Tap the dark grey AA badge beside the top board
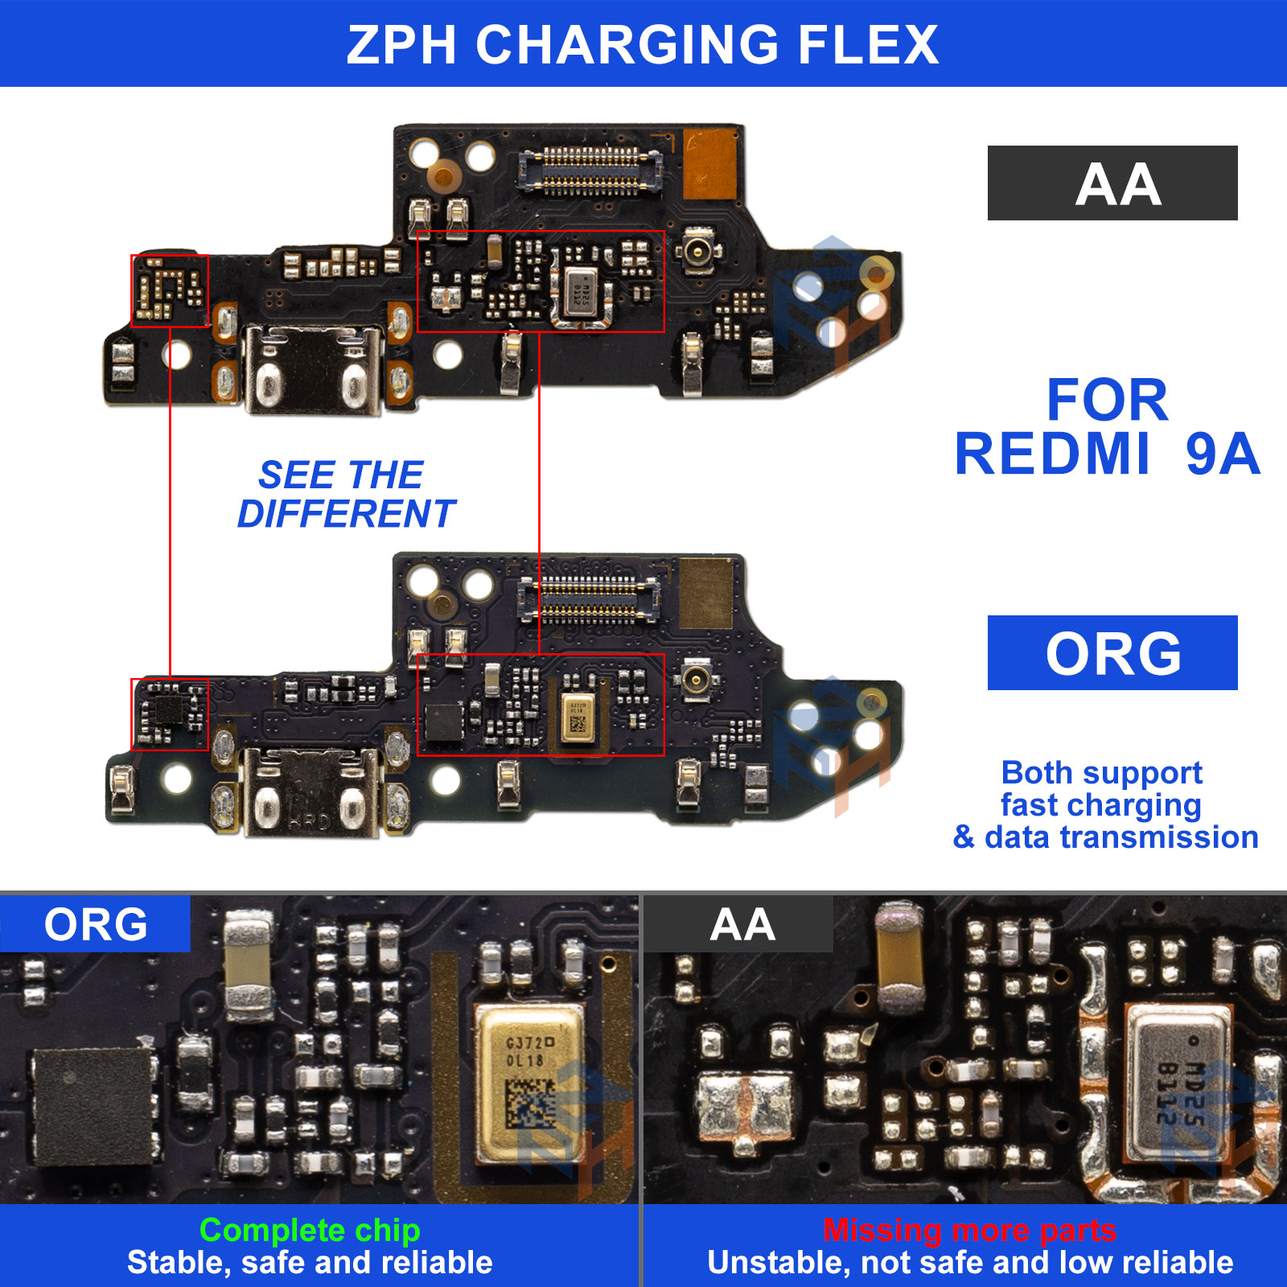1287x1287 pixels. [1112, 183]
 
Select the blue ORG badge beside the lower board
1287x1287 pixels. [1112, 652]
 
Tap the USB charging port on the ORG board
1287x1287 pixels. [310, 792]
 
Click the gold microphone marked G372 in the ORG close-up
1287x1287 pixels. [529, 1082]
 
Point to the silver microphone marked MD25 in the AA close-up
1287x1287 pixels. [1178, 1082]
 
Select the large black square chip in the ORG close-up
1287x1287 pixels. [95, 1106]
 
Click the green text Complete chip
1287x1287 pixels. [310, 1230]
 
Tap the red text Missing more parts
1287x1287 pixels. [969, 1230]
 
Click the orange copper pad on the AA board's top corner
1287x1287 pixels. [710, 165]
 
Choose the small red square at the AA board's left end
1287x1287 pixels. [170, 291]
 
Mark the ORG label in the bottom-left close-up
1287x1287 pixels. [95, 924]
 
